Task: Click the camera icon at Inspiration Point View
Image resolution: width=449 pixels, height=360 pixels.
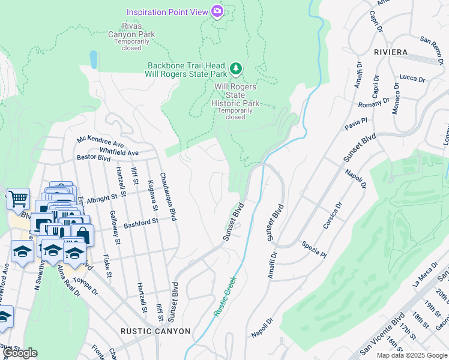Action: click(x=217, y=11)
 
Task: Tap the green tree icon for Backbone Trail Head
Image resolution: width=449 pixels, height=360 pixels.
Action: click(x=237, y=69)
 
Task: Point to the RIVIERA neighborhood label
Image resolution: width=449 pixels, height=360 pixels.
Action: click(x=390, y=52)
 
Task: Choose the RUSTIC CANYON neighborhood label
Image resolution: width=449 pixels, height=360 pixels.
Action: click(x=155, y=331)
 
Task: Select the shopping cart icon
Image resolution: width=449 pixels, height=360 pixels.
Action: click(x=18, y=198)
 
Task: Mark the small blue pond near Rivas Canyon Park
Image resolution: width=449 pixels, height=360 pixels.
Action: click(x=93, y=59)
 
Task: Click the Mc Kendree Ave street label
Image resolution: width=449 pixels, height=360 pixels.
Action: click(x=100, y=142)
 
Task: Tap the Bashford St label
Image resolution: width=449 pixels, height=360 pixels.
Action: click(x=140, y=223)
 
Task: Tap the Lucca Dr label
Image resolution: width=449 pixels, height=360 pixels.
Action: click(x=412, y=79)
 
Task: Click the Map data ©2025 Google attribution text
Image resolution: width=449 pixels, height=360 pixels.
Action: click(x=412, y=355)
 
